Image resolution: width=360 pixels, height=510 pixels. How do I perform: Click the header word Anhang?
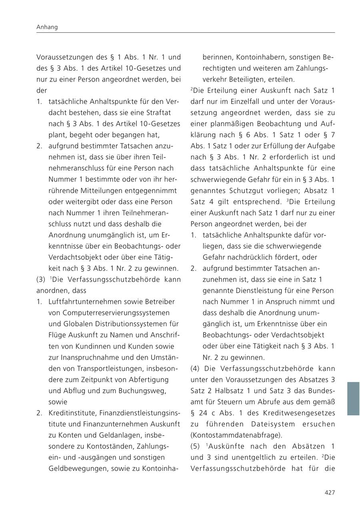pos(47,27)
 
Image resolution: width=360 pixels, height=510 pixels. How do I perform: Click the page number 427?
pos(329,492)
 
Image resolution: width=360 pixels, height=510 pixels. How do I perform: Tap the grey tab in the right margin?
pos(353,398)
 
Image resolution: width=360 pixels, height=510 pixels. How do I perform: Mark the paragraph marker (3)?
pos(41,279)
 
